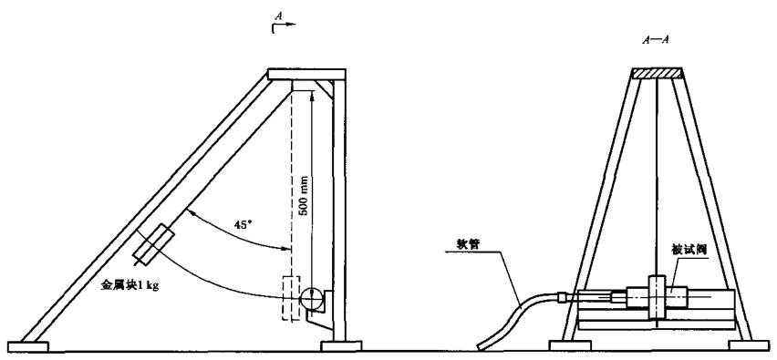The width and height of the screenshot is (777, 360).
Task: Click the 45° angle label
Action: (243, 224)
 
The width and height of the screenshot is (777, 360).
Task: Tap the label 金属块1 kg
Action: (129, 286)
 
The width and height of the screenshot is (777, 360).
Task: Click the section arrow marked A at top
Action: (284, 22)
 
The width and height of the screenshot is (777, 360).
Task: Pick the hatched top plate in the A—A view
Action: (658, 73)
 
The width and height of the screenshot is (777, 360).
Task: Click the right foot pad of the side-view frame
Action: (341, 345)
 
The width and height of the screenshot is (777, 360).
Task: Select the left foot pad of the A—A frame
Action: (570, 345)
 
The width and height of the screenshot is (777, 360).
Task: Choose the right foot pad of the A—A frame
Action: (748, 345)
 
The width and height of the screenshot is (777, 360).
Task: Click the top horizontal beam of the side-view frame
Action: (306, 74)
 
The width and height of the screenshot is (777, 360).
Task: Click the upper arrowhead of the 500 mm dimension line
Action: (312, 95)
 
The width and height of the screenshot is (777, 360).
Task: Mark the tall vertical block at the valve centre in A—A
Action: (656, 296)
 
